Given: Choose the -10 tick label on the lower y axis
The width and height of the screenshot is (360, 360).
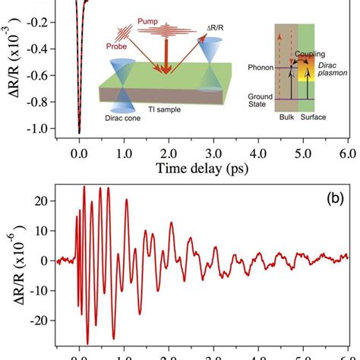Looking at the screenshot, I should tap(55, 289).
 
